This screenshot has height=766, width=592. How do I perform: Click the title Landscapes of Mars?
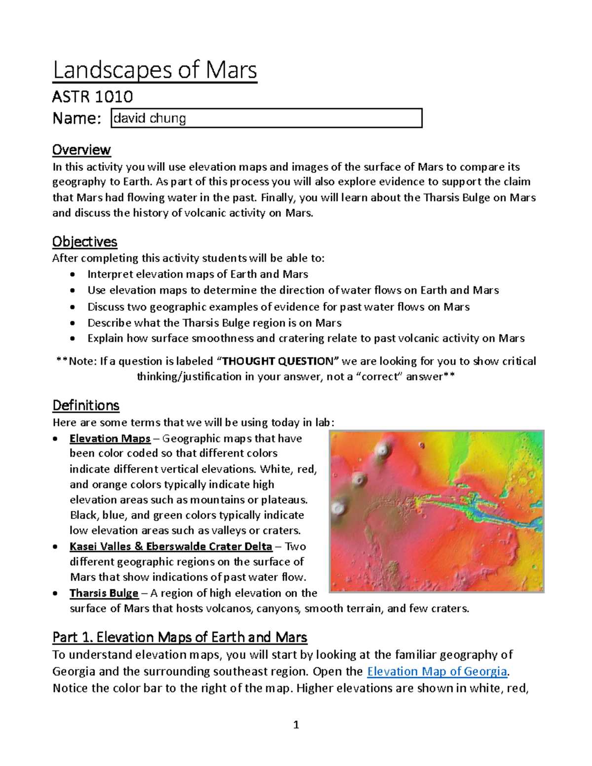pos(155,70)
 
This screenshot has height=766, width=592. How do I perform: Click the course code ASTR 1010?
pos(92,96)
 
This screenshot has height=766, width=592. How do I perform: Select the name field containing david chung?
pos(266,118)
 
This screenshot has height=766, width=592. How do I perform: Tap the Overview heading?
pos(81,149)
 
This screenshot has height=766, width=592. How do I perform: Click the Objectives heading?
pos(84,242)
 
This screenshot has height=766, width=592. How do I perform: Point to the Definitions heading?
pos(86,405)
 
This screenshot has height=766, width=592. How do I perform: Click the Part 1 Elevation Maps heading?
pos(180,637)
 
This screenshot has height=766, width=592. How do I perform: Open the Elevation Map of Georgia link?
pos(438,671)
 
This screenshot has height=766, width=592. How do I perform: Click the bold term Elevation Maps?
pos(110,438)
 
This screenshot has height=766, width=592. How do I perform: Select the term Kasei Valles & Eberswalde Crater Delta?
pos(171,547)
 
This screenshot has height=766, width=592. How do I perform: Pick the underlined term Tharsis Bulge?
pos(104,593)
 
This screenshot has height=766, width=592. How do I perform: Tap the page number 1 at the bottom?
pos(296,725)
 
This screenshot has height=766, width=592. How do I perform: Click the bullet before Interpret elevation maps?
pos(73,275)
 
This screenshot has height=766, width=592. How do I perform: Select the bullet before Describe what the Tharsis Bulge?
pos(73,324)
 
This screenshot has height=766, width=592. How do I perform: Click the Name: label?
pos(77,118)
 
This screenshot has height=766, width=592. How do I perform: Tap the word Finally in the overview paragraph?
pos(276,198)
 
